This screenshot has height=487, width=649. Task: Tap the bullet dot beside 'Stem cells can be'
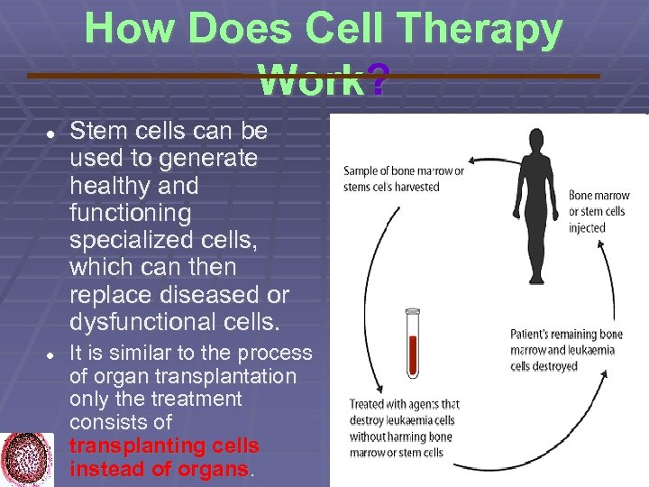(51, 133)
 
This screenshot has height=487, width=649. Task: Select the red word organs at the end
(215, 469)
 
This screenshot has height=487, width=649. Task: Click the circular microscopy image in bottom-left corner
(27, 459)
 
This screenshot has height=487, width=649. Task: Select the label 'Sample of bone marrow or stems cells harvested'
(403, 179)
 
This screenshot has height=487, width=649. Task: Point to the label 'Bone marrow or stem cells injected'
(596, 211)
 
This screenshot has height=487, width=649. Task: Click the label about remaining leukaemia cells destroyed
(566, 350)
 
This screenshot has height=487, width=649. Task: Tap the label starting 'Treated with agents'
(404, 427)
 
